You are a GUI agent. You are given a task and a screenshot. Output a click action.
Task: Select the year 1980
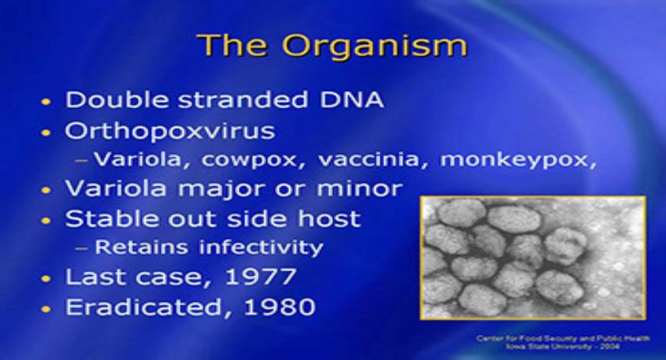pyautogui.click(x=277, y=307)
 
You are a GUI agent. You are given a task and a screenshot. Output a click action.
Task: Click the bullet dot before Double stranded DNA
pyautogui.click(x=47, y=102)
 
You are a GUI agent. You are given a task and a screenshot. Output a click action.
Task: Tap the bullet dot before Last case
pyautogui.click(x=47, y=278)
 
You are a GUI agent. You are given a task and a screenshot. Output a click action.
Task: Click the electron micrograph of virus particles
pyautogui.click(x=532, y=257)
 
